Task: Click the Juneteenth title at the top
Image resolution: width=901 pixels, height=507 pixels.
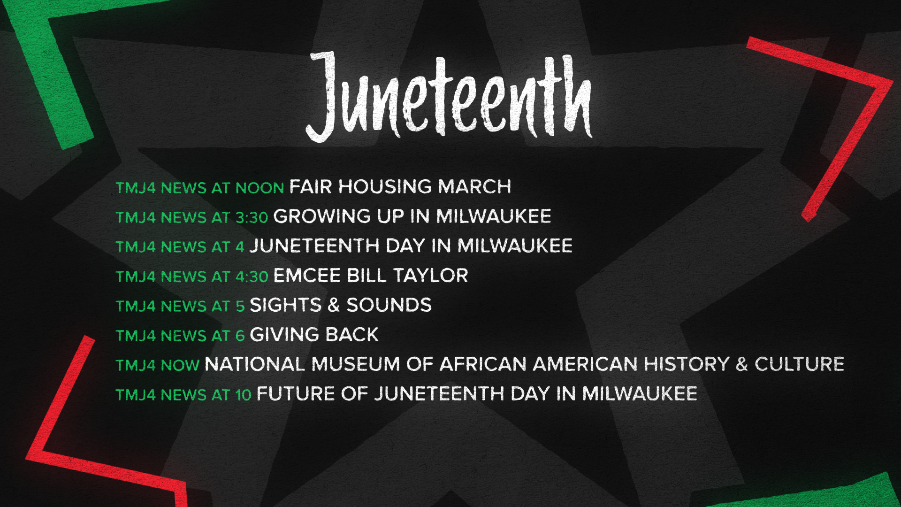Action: pos(449,96)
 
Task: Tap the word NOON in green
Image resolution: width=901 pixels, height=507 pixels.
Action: pos(260,188)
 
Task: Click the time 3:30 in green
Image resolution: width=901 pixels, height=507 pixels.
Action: pos(252,217)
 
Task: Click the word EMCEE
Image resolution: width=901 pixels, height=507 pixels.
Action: pos(307,276)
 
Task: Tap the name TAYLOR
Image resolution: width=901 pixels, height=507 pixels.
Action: pos(431,276)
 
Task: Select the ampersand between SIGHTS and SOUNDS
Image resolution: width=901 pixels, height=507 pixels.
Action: pos(334,305)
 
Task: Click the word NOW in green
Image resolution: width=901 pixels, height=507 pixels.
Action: pos(180,365)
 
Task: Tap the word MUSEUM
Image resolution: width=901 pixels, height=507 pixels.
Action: pos(356,364)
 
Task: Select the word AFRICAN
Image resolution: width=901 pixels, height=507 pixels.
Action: pos(483,364)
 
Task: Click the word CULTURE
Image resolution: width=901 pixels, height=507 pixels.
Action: pos(800,364)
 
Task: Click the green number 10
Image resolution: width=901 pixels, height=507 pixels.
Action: pos(244,395)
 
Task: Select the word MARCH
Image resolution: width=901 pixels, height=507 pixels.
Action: pos(475,187)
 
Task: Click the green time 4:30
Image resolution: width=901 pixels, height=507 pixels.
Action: pos(252,277)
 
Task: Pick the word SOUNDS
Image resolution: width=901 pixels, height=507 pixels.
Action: pos(389,305)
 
